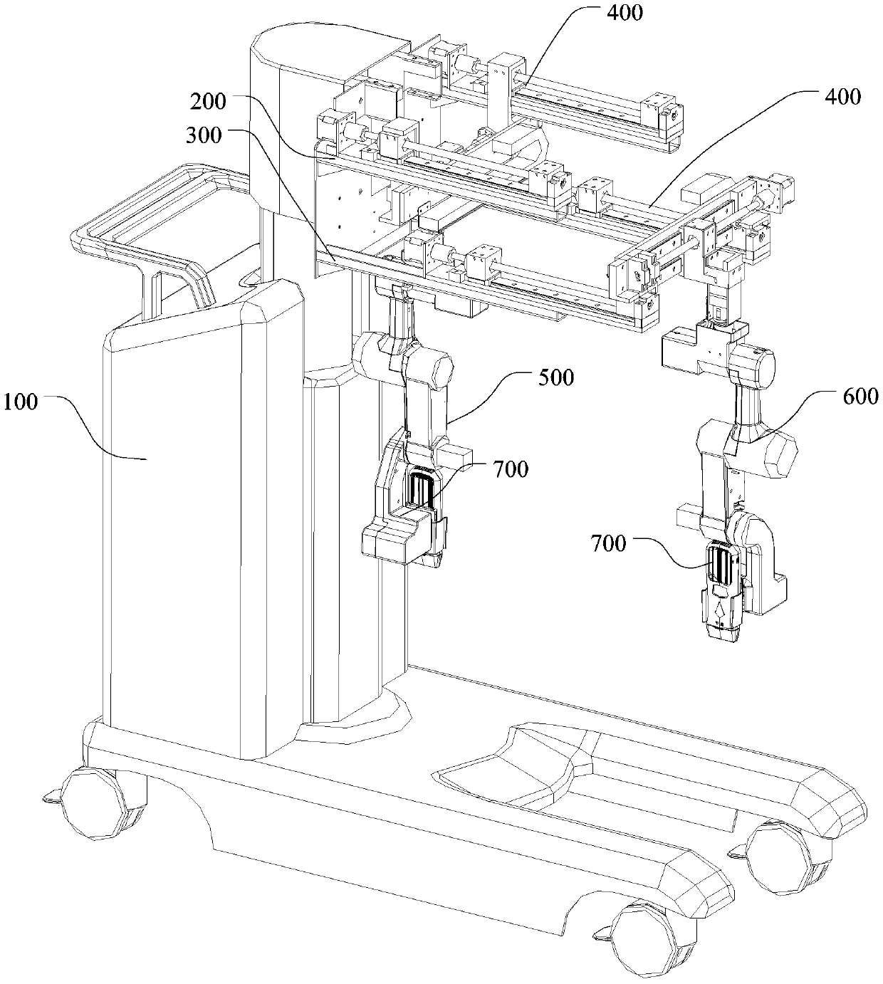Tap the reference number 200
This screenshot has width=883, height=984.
(207, 102)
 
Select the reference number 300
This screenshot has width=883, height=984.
(204, 134)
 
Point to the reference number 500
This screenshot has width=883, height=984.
(555, 377)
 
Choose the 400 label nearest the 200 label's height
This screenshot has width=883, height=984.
(841, 96)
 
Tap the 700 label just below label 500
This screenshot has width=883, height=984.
(510, 470)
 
